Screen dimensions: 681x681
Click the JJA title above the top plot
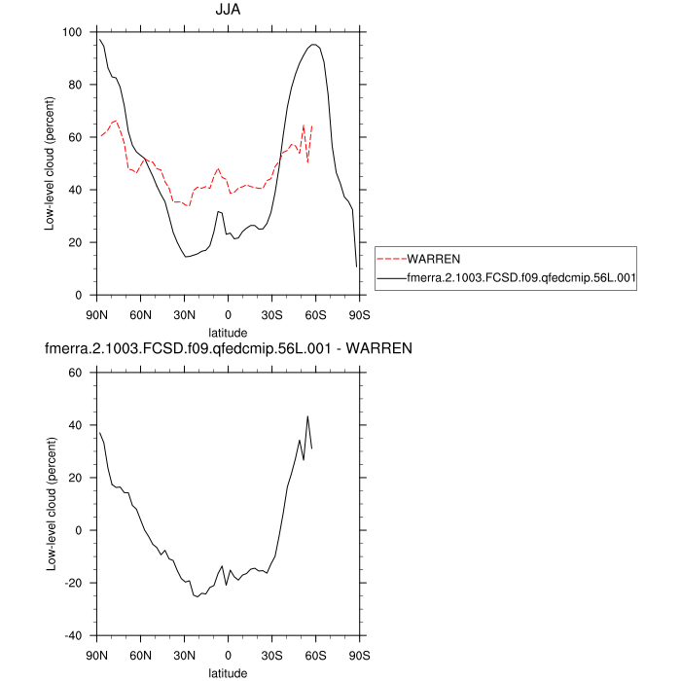(229, 11)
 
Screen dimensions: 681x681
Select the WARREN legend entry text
(434, 260)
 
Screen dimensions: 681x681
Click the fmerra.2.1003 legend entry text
(521, 278)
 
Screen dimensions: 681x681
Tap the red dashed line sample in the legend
(391, 260)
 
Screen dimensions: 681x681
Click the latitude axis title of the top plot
(229, 332)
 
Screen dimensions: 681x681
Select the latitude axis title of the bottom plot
(229, 671)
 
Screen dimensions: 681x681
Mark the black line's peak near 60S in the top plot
(313, 44)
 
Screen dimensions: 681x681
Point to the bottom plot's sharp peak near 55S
(307, 416)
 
